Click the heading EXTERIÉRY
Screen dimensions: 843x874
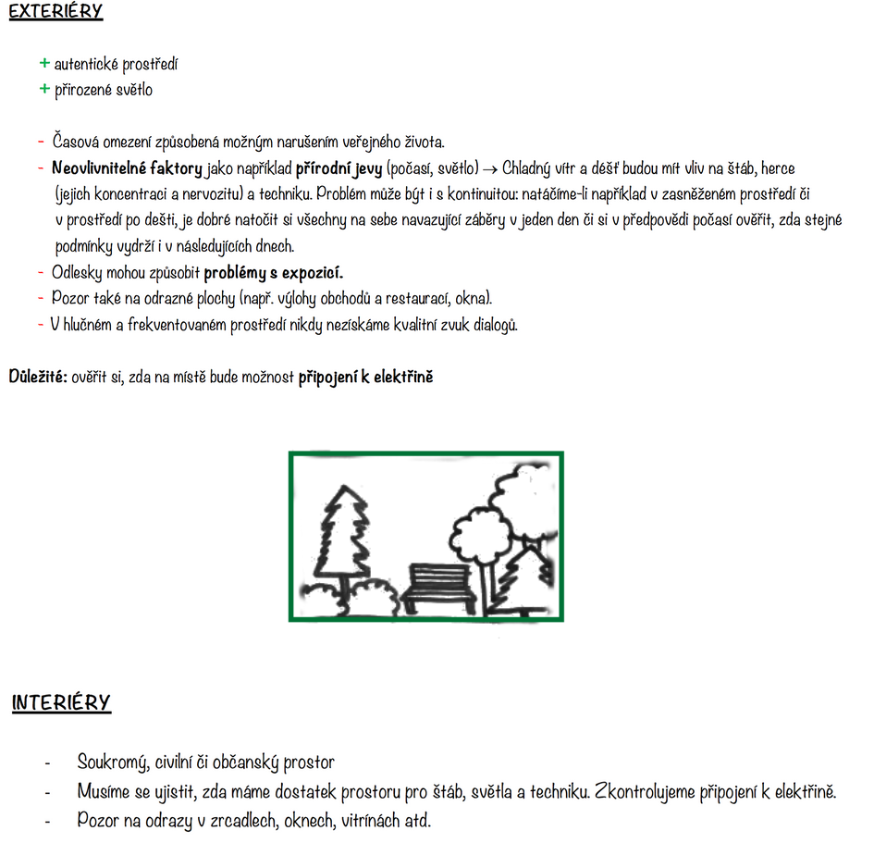55,12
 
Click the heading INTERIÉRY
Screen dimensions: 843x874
61,702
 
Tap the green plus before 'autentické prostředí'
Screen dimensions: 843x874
43,63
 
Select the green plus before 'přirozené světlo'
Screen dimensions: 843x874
43,89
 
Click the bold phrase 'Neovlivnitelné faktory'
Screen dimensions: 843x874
127,169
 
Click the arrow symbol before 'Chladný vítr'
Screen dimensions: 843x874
490,169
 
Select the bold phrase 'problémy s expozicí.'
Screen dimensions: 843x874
274,273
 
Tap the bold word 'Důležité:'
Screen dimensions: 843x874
38,378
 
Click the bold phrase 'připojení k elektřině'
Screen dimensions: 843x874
365,378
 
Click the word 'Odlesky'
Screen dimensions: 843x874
77,273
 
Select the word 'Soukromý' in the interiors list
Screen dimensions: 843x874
108,762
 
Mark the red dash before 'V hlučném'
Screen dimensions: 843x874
42,325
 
